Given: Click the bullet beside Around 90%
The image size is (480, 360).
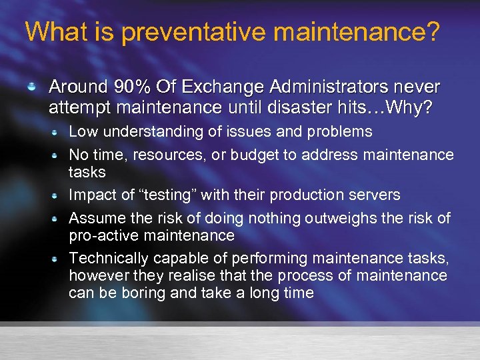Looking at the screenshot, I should point(31,87).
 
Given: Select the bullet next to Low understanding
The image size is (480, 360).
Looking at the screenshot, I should point(58,132).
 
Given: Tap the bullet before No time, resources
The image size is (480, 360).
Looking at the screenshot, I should point(58,155).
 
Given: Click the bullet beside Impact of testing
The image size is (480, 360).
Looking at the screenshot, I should point(58,196).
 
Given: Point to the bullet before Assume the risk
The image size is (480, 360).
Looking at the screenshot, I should point(58,219).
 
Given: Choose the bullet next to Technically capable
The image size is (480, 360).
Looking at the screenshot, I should point(58,259).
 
